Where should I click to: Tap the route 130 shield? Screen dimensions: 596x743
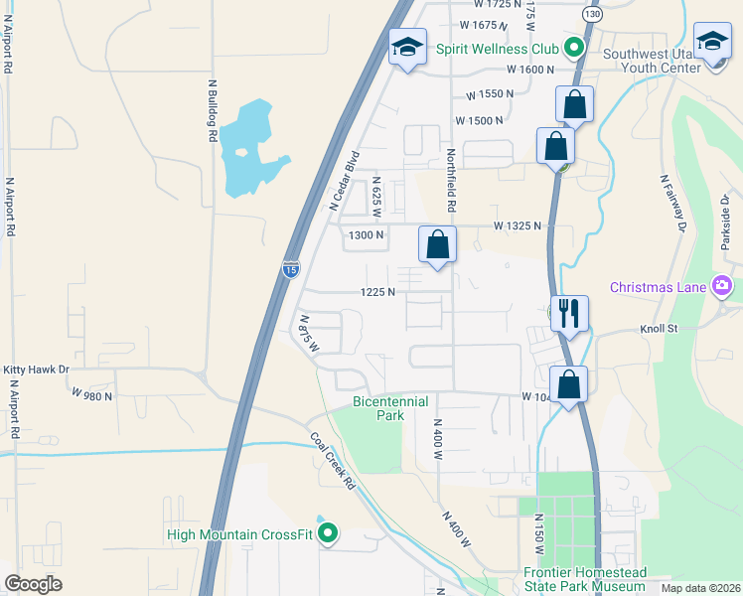click(593, 15)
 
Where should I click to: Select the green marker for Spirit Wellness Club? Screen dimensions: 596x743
click(573, 47)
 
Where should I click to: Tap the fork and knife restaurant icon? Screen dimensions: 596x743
click(570, 314)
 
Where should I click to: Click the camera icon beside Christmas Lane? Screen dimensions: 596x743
click(722, 287)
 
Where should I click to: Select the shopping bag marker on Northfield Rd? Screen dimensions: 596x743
click(437, 244)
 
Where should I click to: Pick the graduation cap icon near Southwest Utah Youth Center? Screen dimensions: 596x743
click(712, 43)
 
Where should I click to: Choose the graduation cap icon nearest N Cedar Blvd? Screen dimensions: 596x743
click(407, 48)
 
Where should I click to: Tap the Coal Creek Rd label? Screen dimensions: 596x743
click(332, 461)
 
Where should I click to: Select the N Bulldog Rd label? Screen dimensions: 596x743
click(212, 110)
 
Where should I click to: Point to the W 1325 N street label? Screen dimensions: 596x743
click(518, 225)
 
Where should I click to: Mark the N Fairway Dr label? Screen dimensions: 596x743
click(673, 203)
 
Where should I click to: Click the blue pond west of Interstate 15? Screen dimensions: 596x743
click(248, 149)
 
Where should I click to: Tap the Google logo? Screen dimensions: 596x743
click(34, 583)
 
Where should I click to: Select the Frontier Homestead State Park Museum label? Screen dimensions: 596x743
click(585, 580)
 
